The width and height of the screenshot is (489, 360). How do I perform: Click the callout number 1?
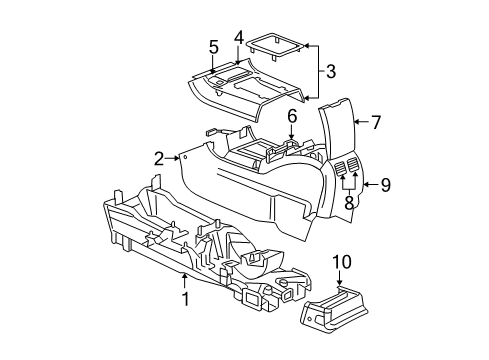[185, 299]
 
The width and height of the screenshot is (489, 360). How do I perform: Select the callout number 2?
[159, 157]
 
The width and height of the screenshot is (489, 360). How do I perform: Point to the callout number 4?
[239, 37]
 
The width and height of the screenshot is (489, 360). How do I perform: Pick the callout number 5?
[213, 47]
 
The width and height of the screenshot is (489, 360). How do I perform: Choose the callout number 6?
[291, 117]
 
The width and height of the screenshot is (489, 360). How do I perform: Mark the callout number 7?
[376, 123]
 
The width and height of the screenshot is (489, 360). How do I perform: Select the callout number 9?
[386, 183]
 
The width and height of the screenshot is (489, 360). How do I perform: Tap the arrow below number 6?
[291, 135]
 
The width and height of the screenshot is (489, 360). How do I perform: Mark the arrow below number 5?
[213, 64]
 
